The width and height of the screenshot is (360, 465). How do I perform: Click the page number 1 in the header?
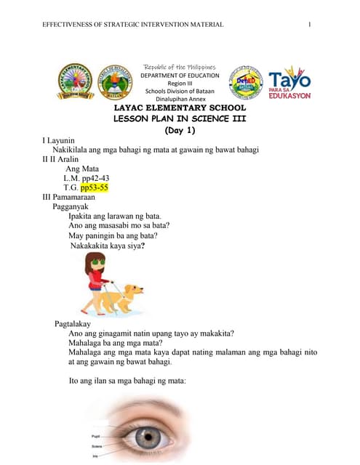(310, 26)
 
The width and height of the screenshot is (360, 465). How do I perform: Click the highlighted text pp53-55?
(95, 187)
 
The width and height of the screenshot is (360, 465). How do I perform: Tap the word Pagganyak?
(71, 206)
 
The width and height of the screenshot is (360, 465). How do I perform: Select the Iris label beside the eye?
(95, 456)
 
